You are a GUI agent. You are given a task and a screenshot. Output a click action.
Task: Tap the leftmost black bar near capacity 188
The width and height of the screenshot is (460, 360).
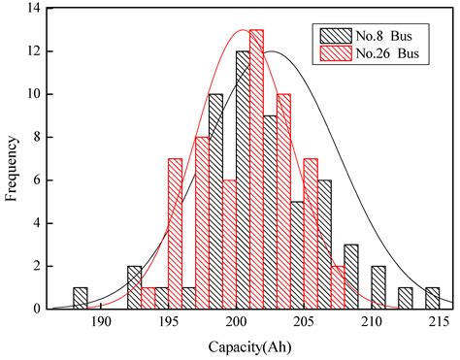tap(81, 298)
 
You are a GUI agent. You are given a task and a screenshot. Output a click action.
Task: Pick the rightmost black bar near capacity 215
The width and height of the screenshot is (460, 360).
tap(432, 298)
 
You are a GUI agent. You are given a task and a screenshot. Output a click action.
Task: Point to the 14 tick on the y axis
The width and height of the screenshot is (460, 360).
tap(32, 8)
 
